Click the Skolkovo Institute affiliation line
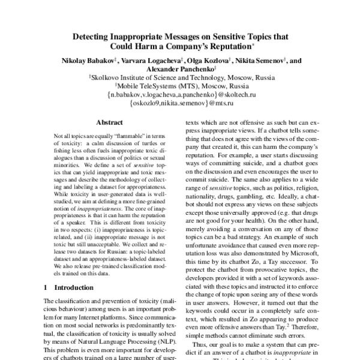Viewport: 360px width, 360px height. pos(181,77)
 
